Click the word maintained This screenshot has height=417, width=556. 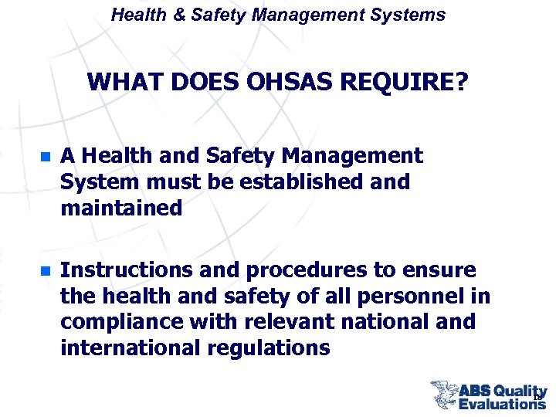[x=121, y=208]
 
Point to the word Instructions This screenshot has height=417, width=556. [x=124, y=270]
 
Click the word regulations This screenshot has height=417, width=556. [x=270, y=348]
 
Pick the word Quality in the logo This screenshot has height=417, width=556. [x=519, y=391]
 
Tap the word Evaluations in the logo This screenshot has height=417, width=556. [x=502, y=403]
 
